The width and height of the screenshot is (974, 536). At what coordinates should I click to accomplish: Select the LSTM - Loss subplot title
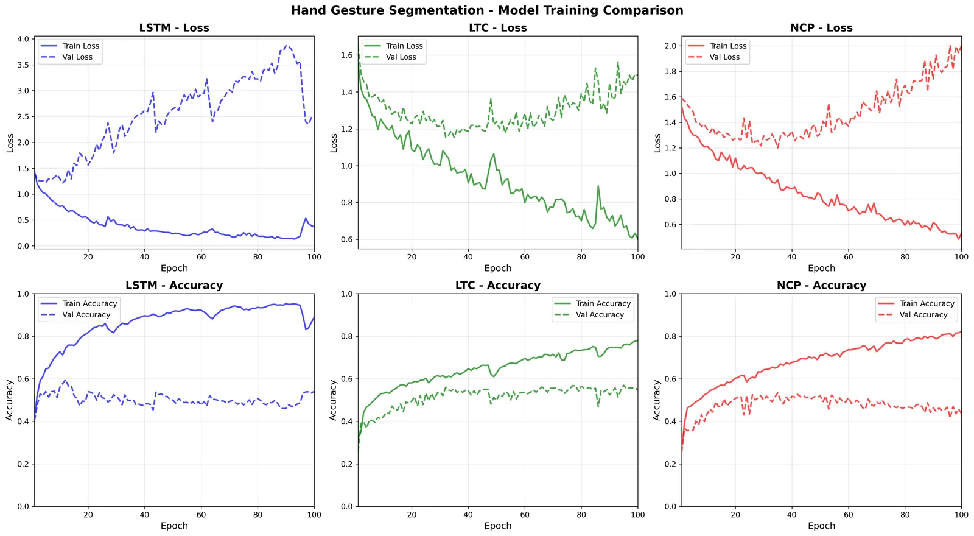click(x=174, y=28)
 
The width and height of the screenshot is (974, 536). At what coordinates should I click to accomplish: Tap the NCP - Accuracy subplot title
click(x=821, y=286)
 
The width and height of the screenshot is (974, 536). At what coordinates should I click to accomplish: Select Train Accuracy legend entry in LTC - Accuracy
click(x=592, y=303)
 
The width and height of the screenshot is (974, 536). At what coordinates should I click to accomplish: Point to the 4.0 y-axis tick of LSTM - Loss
click(x=24, y=39)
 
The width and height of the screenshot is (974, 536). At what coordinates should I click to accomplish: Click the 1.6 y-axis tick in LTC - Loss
click(x=346, y=55)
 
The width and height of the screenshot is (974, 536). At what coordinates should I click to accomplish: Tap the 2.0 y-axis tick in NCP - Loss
click(x=670, y=46)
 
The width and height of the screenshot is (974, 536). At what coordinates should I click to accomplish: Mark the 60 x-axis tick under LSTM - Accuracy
click(x=201, y=515)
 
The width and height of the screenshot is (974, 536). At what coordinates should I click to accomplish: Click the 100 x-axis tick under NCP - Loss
click(x=961, y=257)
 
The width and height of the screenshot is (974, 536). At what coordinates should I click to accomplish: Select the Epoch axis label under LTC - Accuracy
click(x=498, y=526)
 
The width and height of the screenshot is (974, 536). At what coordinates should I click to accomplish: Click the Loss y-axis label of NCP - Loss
click(x=657, y=143)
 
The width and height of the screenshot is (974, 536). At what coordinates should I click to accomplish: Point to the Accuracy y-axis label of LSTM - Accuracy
click(x=10, y=400)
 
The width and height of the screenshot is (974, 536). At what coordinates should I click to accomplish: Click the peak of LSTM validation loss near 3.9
click(x=286, y=45)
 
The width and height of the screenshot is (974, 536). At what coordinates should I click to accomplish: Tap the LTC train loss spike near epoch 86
click(x=598, y=186)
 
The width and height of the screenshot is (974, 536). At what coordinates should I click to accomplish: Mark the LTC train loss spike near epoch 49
click(x=494, y=154)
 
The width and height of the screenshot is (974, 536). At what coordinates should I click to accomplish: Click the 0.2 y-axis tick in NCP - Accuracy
click(x=670, y=464)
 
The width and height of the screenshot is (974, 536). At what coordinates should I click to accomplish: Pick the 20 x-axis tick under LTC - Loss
click(x=412, y=257)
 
